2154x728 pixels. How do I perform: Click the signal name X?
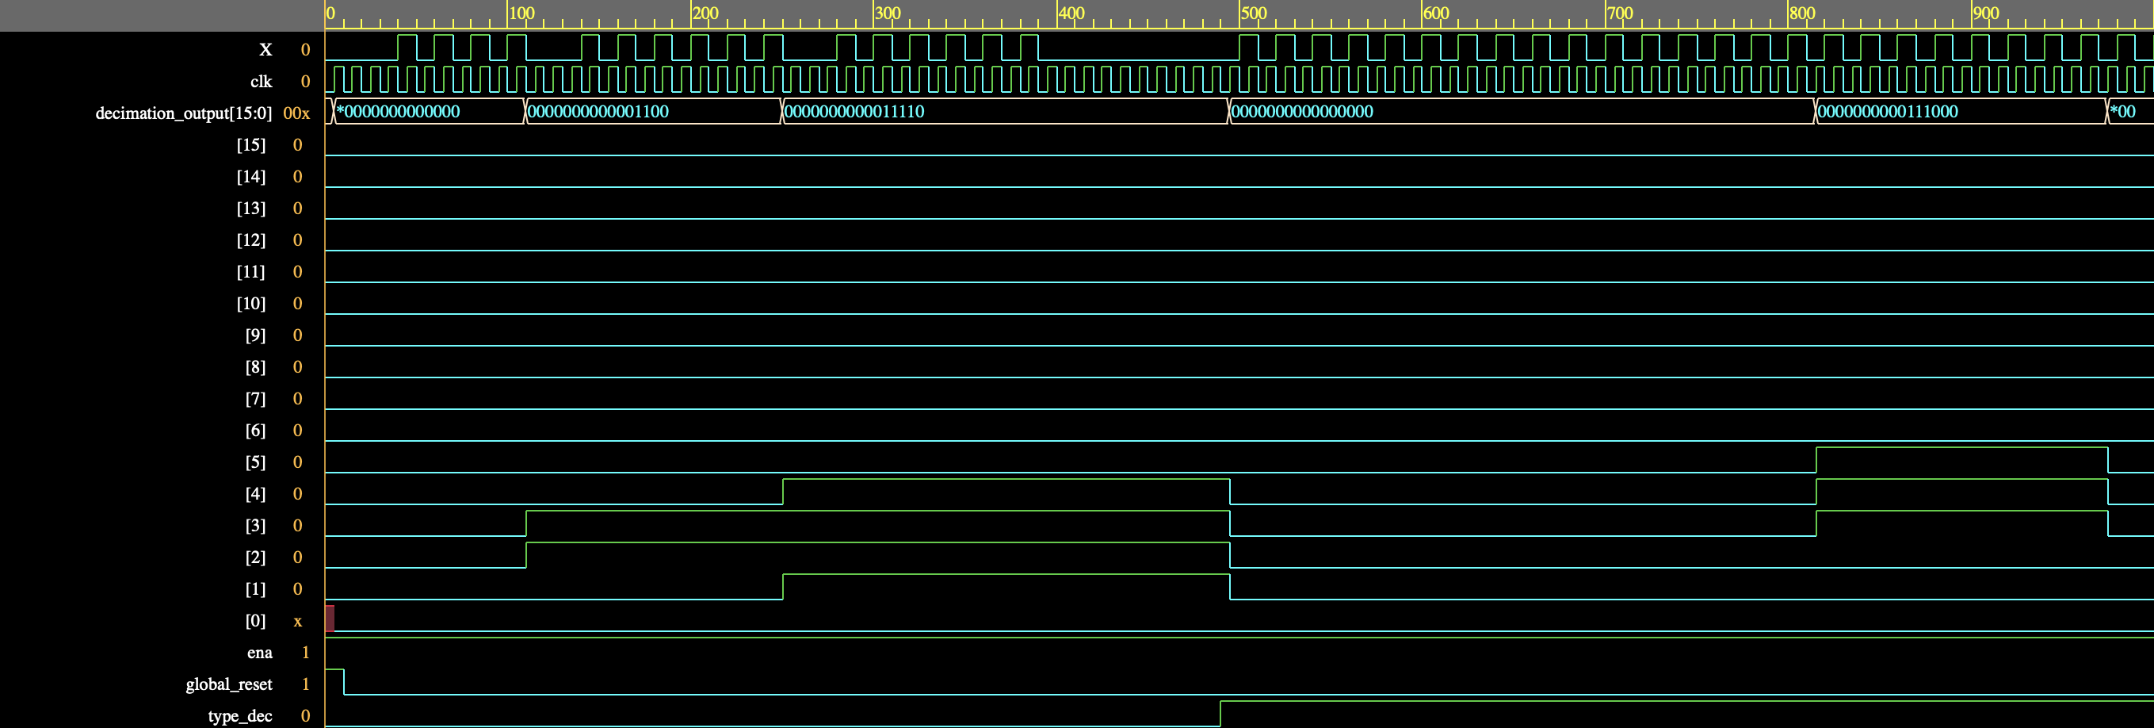[265, 49]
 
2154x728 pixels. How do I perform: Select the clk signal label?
[261, 81]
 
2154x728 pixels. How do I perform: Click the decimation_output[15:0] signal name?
[184, 113]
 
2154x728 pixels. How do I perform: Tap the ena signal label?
[259, 653]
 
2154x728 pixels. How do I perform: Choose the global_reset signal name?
[229, 684]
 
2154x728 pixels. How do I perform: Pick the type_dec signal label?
[240, 716]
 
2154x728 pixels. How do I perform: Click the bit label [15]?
[251, 145]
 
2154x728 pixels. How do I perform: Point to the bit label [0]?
[255, 621]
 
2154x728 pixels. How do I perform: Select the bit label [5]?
[255, 462]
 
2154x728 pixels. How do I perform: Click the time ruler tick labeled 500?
[1254, 13]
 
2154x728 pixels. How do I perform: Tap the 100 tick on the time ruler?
[521, 13]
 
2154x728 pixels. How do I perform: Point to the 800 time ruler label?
[1802, 13]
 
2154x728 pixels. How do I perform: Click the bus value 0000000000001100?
[598, 111]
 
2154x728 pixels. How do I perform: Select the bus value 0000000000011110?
[854, 111]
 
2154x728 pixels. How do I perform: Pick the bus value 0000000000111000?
[1887, 111]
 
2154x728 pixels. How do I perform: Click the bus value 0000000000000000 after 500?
[1302, 111]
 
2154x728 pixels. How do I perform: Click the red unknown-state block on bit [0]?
[330, 619]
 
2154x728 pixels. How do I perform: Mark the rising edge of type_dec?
[1220, 714]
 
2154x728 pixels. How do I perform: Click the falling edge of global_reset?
[344, 682]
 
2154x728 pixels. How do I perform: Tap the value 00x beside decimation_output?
[296, 113]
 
